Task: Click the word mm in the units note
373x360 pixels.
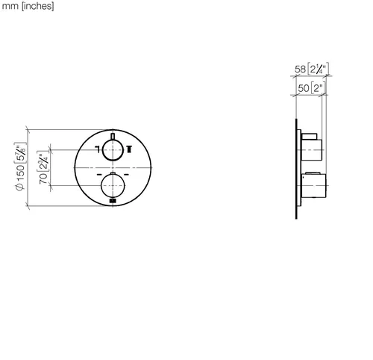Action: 10,6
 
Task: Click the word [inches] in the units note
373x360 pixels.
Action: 38,6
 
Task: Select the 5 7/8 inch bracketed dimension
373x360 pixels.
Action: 20,153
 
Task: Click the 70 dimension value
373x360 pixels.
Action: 43,179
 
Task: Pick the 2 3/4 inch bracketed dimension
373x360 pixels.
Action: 43,161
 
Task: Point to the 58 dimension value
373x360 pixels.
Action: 300,69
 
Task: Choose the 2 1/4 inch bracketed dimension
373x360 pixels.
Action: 319,69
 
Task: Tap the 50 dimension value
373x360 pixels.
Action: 304,88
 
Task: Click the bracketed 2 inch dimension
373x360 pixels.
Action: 318,87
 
